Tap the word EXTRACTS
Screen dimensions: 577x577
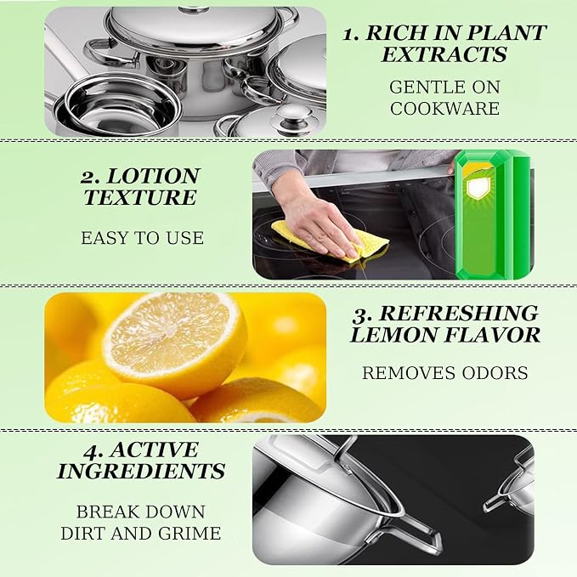[444, 54]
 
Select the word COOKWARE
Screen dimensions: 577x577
[445, 109]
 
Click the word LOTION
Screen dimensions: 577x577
[153, 176]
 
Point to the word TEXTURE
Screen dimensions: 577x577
[140, 197]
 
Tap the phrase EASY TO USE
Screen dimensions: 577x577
[142, 238]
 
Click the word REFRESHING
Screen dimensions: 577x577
[459, 314]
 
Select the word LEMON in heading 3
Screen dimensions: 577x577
[393, 335]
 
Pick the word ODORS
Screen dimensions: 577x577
[495, 373]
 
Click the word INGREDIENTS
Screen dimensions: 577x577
[141, 471]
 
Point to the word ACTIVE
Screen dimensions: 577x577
[155, 450]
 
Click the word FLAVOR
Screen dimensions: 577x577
[493, 335]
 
